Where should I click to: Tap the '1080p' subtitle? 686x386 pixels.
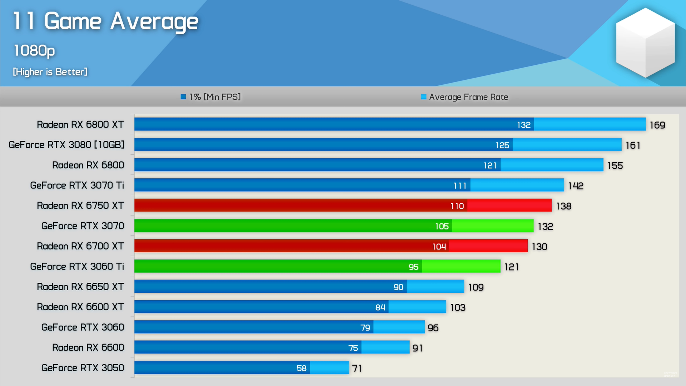point(34,50)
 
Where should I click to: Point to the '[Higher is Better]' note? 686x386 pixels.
point(50,72)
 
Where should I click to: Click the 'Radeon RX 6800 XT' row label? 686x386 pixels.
point(80,124)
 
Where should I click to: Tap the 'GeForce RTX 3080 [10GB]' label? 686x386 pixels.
point(66,145)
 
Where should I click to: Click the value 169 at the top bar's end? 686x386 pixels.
point(657,125)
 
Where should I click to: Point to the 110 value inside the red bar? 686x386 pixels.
point(457,206)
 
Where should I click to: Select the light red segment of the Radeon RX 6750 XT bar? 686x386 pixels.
point(509,205)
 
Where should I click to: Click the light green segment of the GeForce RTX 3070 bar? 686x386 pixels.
point(493,226)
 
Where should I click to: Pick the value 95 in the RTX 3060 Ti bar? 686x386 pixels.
point(413,267)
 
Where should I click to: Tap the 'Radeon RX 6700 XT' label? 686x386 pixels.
point(80,246)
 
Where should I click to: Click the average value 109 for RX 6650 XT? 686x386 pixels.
point(476,287)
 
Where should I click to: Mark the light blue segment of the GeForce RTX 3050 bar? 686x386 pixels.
point(329,367)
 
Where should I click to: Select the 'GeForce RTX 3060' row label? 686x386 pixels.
point(83,327)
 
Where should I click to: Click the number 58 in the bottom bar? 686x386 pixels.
point(302,368)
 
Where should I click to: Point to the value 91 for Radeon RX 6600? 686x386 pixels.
point(417,348)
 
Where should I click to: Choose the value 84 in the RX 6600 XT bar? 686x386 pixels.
point(380,307)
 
